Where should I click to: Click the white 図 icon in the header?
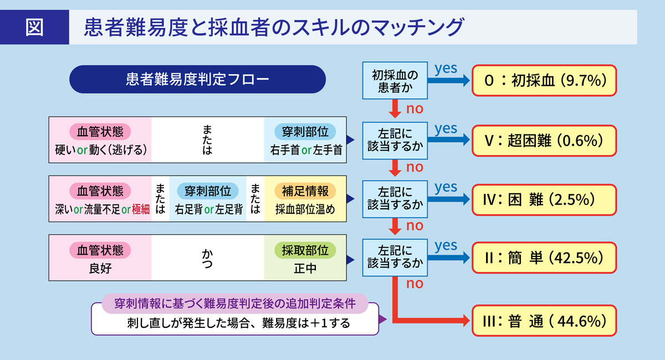(x=34, y=26)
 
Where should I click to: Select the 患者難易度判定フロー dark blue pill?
(x=197, y=79)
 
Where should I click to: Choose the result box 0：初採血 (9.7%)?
(x=543, y=81)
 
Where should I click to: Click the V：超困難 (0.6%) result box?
(x=543, y=140)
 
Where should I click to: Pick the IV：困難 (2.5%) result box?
(x=543, y=199)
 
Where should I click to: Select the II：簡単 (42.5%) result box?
(x=543, y=258)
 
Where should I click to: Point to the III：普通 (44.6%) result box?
(x=543, y=321)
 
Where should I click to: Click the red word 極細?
(x=141, y=210)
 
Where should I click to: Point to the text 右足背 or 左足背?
(x=208, y=210)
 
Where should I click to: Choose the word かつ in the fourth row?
(x=207, y=257)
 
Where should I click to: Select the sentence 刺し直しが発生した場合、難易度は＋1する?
(x=235, y=323)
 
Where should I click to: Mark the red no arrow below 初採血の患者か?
(x=395, y=108)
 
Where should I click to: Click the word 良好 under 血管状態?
(x=100, y=269)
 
